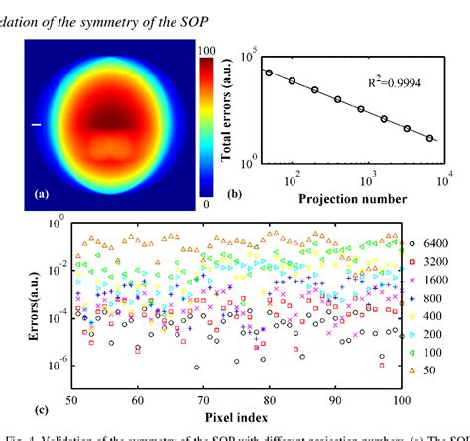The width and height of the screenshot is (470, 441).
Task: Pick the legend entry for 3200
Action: click(434, 261)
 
